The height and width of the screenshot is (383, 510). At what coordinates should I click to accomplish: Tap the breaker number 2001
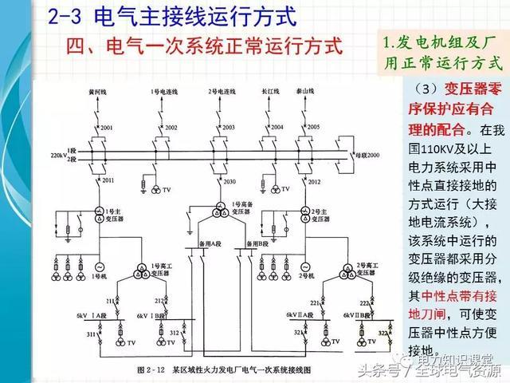click(107, 128)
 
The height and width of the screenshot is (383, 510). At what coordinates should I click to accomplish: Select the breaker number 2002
click(171, 128)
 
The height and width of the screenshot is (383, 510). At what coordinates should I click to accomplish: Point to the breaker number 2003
click(229, 128)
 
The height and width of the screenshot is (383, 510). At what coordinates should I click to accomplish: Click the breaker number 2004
click(277, 128)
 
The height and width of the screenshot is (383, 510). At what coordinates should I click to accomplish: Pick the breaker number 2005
click(313, 127)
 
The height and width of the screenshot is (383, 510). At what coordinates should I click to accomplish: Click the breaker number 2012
click(314, 183)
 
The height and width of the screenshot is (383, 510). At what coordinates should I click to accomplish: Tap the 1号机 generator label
click(99, 276)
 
